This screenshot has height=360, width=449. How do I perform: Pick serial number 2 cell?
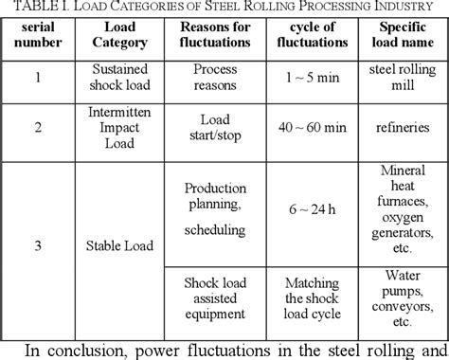pyautogui.click(x=38, y=128)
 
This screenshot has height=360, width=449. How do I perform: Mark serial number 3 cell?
pyautogui.click(x=38, y=248)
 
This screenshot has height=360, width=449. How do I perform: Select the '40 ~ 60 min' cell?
pyautogui.click(x=311, y=128)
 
